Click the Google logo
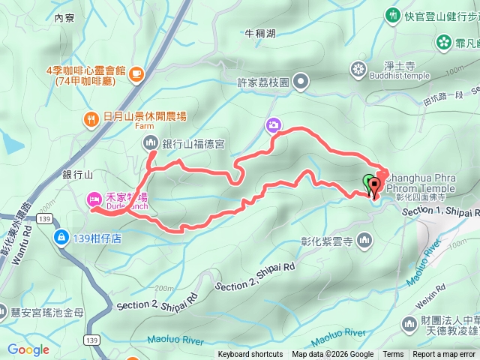click(x=28, y=349)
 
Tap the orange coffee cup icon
click(x=136, y=73)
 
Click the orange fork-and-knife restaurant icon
click(x=91, y=118)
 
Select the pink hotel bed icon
click(x=94, y=199)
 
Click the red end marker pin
click(x=375, y=184)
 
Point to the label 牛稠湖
click(x=260, y=34)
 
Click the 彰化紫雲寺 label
click(x=327, y=241)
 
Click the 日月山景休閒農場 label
click(x=145, y=117)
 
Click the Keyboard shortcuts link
click(x=250, y=355)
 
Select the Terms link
click(x=393, y=355)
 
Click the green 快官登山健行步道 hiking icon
click(x=392, y=15)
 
